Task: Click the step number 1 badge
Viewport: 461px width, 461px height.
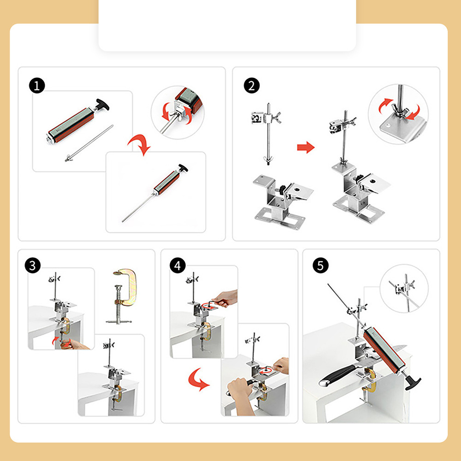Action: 37,86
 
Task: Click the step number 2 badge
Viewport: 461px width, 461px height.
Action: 252,86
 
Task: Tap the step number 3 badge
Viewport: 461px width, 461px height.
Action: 33,265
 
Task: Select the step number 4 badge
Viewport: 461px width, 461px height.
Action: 177,265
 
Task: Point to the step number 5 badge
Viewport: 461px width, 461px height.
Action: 320,265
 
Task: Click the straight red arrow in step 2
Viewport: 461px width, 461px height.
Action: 306,147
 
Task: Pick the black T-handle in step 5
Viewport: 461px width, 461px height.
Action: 412,382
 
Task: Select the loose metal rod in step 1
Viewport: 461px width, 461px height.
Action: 89,143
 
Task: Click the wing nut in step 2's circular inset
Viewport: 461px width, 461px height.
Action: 400,111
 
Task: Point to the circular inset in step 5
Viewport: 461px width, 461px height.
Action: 404,289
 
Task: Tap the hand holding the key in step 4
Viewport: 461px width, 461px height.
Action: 226,298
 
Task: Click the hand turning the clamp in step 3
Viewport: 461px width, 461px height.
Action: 73,344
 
